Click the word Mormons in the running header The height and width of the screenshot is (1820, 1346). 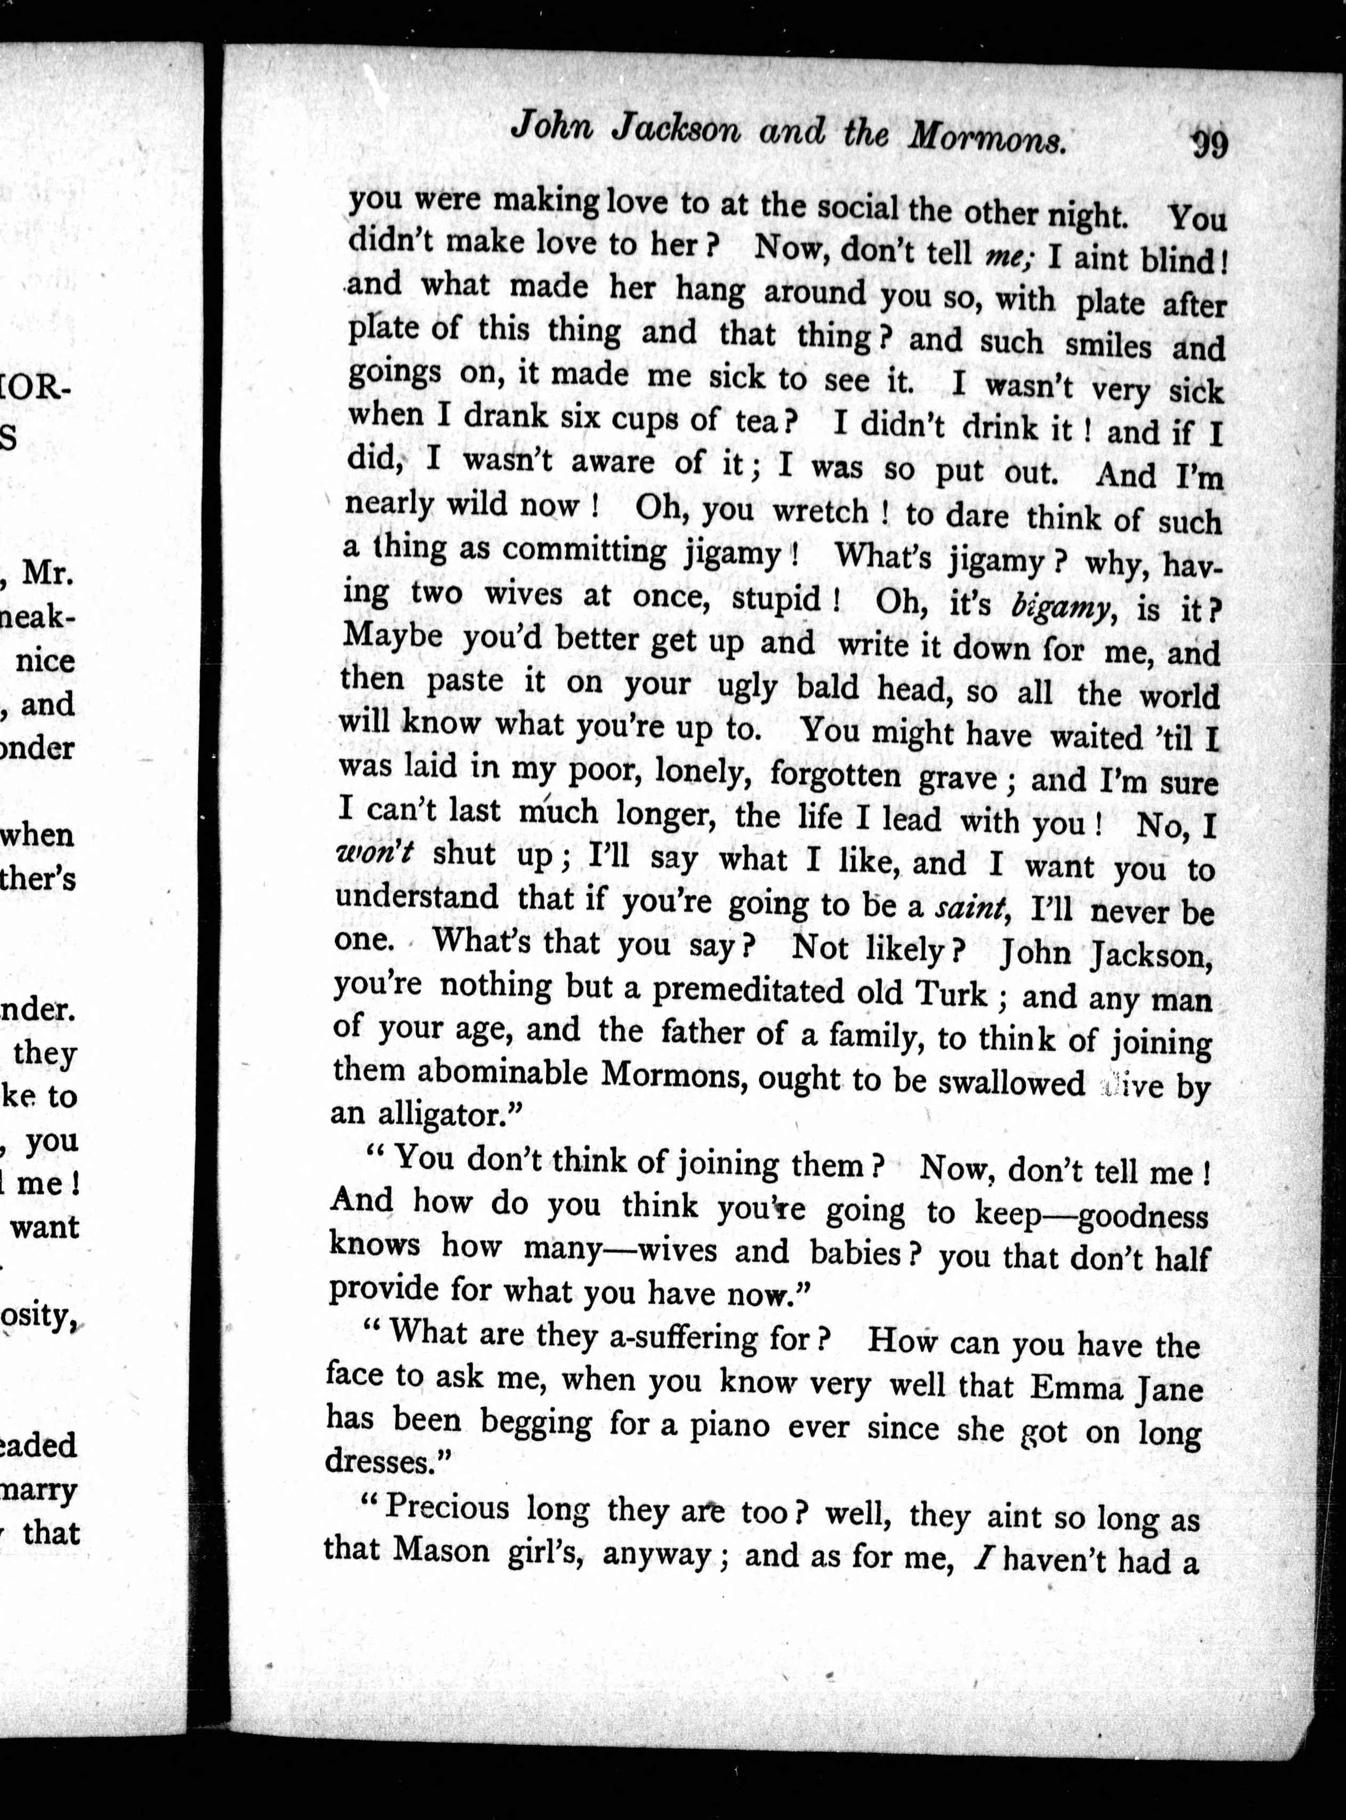987,137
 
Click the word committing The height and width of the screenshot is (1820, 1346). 584,551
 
